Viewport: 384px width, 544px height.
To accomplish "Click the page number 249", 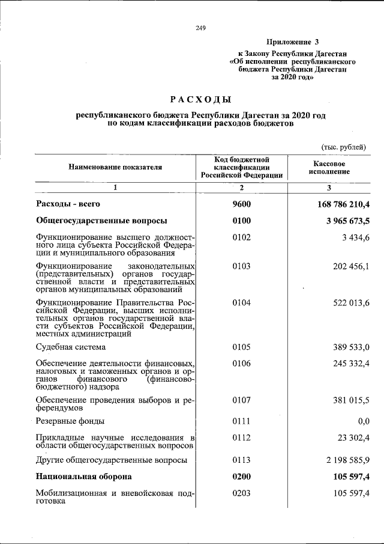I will pos(201,28).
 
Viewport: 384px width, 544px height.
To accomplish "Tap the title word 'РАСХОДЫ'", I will pos(200,99).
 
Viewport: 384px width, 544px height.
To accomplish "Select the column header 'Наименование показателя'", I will pos(115,167).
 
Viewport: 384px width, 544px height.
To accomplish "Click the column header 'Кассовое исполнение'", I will pos(328,167).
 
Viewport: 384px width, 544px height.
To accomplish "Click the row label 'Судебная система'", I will pos(71,347).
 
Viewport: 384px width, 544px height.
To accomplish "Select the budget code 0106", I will pos(242,364).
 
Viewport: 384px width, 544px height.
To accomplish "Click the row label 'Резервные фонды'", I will pos(70,421).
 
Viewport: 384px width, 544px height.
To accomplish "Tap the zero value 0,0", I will pos(363,421).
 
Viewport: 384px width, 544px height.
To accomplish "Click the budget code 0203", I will pos(242,494).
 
